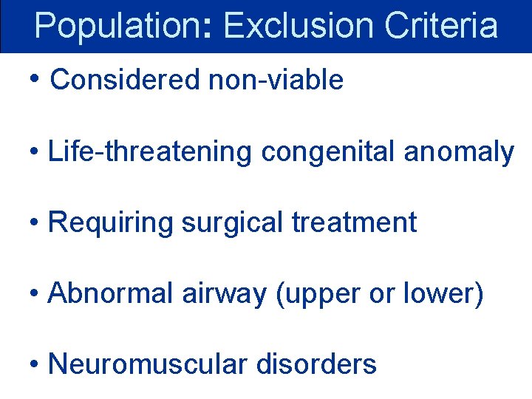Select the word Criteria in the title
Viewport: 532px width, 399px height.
pos(441,26)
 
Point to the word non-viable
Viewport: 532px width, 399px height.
pos(276,80)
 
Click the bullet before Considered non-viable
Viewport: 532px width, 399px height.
pos(36,78)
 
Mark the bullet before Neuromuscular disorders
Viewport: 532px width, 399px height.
pos(34,364)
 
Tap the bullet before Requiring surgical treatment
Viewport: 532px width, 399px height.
pos(34,222)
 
